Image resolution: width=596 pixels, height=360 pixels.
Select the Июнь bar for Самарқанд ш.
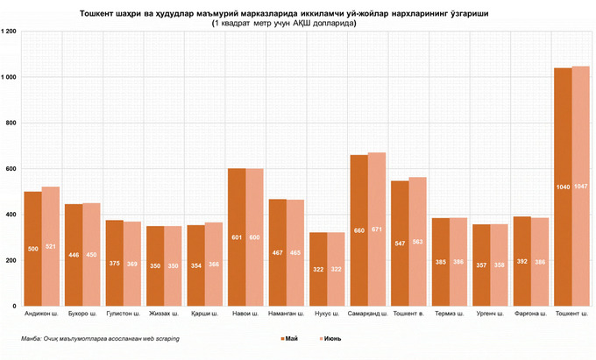tap(377, 229)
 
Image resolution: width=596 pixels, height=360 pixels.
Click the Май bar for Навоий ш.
tap(237, 236)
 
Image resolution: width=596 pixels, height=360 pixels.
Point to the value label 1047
tap(580, 187)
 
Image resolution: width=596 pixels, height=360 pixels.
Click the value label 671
tap(377, 230)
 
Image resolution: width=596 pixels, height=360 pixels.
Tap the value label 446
tap(74, 255)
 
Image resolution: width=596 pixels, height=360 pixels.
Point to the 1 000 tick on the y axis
tap(11, 77)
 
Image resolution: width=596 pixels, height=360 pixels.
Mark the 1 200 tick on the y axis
tap(11, 32)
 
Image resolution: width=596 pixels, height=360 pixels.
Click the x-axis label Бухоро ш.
tap(82, 314)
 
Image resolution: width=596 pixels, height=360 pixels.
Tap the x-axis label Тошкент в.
tap(408, 314)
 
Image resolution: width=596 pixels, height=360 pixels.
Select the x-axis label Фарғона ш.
tap(530, 314)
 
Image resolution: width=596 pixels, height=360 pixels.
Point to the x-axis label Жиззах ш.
tap(164, 314)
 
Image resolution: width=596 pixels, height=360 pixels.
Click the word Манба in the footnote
tap(32, 338)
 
